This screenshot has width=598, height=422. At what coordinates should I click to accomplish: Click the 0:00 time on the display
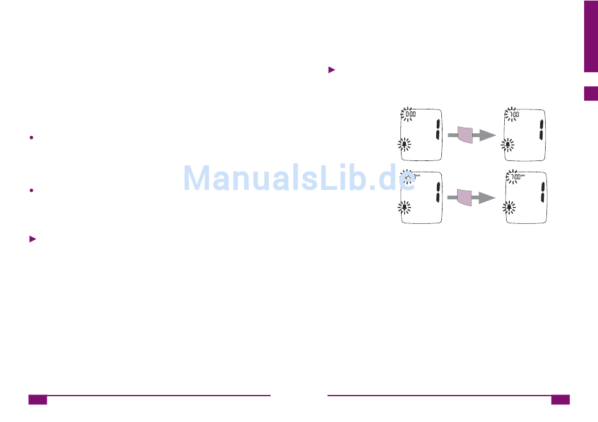pyautogui.click(x=410, y=115)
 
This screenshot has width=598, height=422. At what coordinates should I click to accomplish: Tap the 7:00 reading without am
pyautogui.click(x=514, y=115)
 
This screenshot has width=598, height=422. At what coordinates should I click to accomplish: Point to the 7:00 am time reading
pyautogui.click(x=515, y=177)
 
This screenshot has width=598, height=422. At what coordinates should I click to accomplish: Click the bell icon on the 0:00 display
pyautogui.click(x=405, y=145)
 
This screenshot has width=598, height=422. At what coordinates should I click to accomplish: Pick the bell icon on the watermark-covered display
pyautogui.click(x=405, y=206)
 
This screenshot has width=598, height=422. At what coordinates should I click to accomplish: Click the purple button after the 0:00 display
pyautogui.click(x=464, y=135)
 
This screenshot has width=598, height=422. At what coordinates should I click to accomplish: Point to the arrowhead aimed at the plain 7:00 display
pyautogui.click(x=487, y=135)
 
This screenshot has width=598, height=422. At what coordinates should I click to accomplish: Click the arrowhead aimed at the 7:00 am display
pyautogui.click(x=487, y=197)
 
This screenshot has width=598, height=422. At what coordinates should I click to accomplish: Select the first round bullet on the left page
pyautogui.click(x=31, y=137)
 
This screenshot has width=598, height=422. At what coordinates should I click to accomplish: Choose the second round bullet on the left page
pyautogui.click(x=31, y=190)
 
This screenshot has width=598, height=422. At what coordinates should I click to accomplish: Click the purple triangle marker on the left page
pyautogui.click(x=33, y=239)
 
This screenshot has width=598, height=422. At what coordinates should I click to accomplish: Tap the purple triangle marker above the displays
pyautogui.click(x=332, y=70)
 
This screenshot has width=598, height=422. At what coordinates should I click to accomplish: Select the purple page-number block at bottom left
pyautogui.click(x=38, y=399)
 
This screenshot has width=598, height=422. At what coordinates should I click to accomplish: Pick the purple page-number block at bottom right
pyautogui.click(x=560, y=399)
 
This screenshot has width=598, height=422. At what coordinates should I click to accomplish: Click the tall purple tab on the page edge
pyautogui.click(x=590, y=36)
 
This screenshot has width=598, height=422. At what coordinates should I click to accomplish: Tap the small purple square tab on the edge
pyautogui.click(x=590, y=94)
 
